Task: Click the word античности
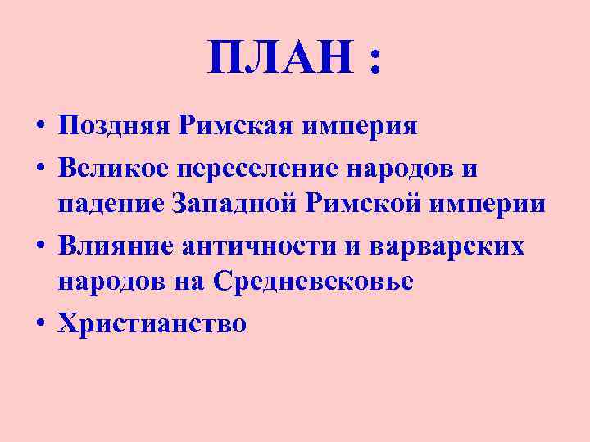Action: [267, 246]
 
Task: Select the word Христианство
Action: [152, 324]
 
